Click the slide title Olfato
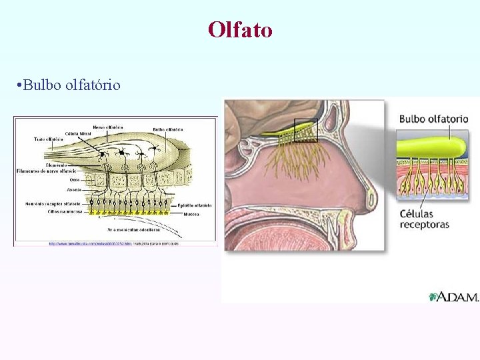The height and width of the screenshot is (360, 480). pos(240,30)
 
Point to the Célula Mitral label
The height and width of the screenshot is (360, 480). pos(78,133)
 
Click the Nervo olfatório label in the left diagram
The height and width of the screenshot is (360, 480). pos(108,127)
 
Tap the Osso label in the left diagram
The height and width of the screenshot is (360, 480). pos(74,179)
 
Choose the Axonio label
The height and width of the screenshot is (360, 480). pos(75,189)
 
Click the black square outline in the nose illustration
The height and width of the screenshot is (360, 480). pos(305,130)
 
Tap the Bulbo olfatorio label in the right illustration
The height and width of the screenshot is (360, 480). pos(433,119)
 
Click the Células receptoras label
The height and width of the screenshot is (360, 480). pos(425,219)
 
